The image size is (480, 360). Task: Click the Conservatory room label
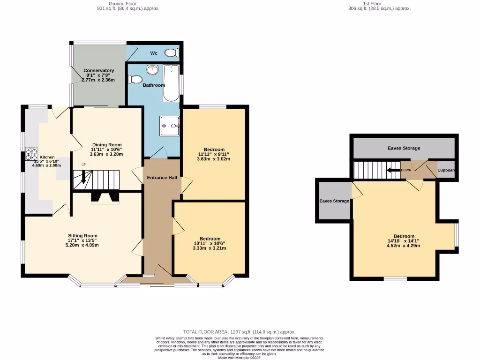pyautogui.click(x=98, y=71)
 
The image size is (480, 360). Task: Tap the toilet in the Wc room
pyautogui.click(x=174, y=53)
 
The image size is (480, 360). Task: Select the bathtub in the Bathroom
pyautogui.click(x=172, y=83)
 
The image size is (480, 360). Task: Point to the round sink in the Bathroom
pyautogui.click(x=152, y=70)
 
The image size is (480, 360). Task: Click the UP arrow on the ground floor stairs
pyautogui.click(x=84, y=177)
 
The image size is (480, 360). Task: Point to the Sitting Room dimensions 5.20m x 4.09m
pyautogui.click(x=83, y=245)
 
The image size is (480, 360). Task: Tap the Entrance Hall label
pyautogui.click(x=162, y=178)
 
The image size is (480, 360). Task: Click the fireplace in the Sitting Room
pyautogui.click(x=105, y=198)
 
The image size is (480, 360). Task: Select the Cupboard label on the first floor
pyautogui.click(x=447, y=171)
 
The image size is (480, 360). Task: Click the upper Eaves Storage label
pyautogui.click(x=404, y=148)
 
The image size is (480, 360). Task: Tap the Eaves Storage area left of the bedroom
pyautogui.click(x=334, y=201)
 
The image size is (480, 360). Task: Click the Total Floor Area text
pyautogui.click(x=240, y=332)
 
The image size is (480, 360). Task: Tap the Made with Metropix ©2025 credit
pyautogui.click(x=240, y=358)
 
